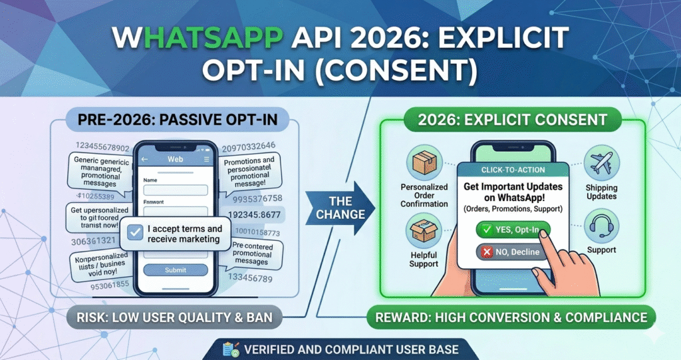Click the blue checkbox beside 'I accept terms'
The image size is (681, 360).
[135, 232]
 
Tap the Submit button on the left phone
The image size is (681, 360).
[176, 270]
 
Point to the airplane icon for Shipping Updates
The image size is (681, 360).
[601, 163]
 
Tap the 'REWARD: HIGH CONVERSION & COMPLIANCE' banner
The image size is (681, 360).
[510, 317]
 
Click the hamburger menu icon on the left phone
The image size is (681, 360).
[207, 160]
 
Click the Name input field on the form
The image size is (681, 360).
[176, 190]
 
